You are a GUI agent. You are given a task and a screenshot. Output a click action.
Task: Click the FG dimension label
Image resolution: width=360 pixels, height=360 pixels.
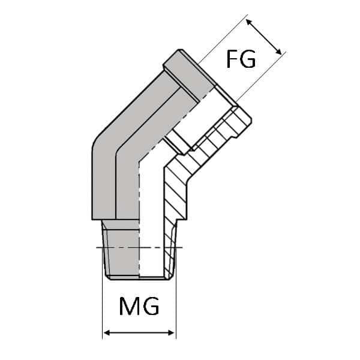coord(241,59)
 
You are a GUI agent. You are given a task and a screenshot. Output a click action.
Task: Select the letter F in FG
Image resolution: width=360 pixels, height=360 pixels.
coord(233,59)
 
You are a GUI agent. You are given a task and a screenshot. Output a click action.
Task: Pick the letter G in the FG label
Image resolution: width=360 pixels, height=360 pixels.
coord(249,59)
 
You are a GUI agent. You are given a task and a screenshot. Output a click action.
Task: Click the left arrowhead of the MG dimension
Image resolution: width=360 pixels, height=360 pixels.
coord(106,332)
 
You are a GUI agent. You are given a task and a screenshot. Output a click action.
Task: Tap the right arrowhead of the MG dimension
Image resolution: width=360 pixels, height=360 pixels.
coord(172,332)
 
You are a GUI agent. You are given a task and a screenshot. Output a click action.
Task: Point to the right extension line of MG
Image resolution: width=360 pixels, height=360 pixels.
coord(176,306)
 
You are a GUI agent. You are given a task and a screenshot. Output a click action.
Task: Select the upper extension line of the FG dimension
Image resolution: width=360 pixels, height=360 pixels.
coord(222,42)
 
